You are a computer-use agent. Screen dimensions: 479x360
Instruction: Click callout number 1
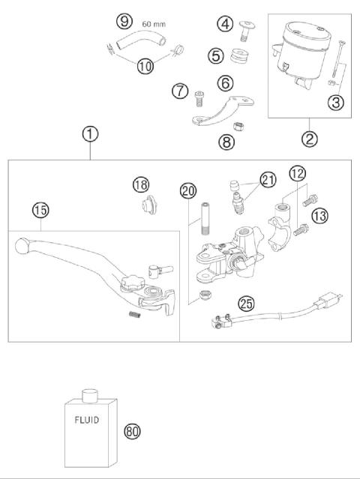[x=89, y=134]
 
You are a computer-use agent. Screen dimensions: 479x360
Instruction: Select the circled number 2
[x=309, y=137]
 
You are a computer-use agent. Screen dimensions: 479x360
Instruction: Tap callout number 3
[x=336, y=103]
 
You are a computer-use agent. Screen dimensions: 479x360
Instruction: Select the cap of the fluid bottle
[x=90, y=394]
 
